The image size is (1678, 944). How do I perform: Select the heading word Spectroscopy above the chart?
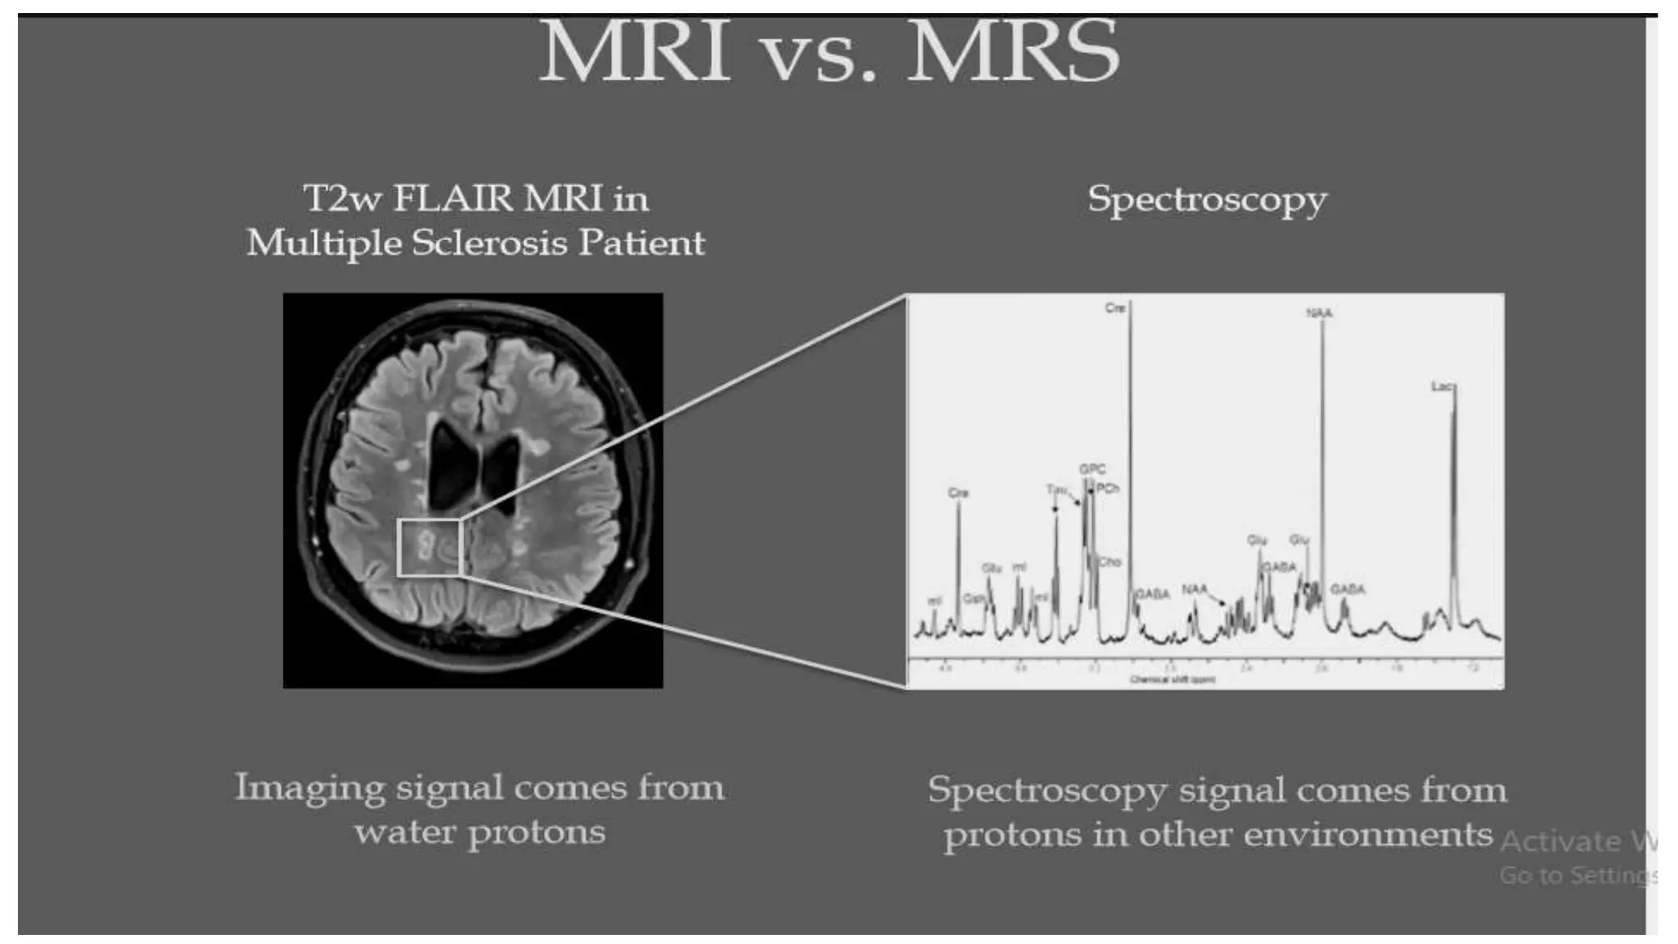point(1207,200)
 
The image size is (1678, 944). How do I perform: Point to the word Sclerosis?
point(489,243)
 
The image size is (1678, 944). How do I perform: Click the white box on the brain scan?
point(430,547)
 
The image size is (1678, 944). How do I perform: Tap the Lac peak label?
point(1443,386)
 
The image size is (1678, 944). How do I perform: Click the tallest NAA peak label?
point(1319,313)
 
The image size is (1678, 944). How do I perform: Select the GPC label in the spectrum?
point(1092,469)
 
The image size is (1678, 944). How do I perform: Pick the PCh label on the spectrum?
point(1108,488)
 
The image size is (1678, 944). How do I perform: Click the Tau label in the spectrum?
point(1057,489)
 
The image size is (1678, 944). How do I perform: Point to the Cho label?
point(1109,562)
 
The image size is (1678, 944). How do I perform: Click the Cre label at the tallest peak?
point(1115,308)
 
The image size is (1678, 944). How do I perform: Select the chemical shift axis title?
point(1172,679)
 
